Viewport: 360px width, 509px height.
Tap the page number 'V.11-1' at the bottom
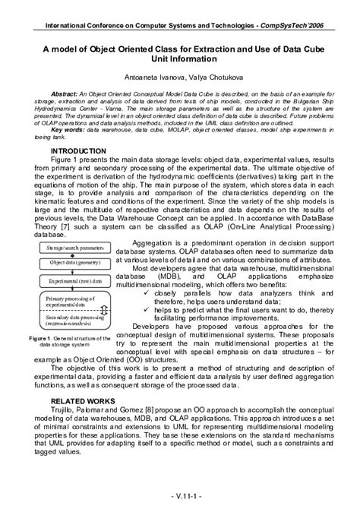[x=179, y=497]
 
